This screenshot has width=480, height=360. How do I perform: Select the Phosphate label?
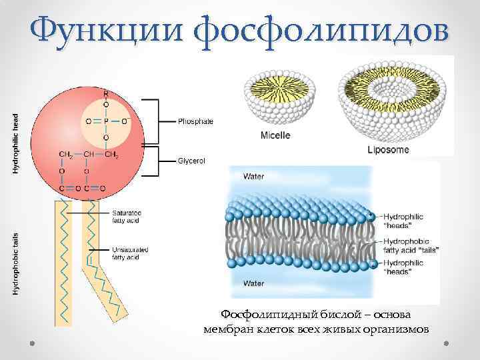(x=195, y=121)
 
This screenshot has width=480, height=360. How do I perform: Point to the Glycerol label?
(x=192, y=161)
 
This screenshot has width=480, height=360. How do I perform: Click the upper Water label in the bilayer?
(x=253, y=177)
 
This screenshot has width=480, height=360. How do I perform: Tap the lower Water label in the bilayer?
(x=253, y=283)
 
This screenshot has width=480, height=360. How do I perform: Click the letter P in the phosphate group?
(x=105, y=121)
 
